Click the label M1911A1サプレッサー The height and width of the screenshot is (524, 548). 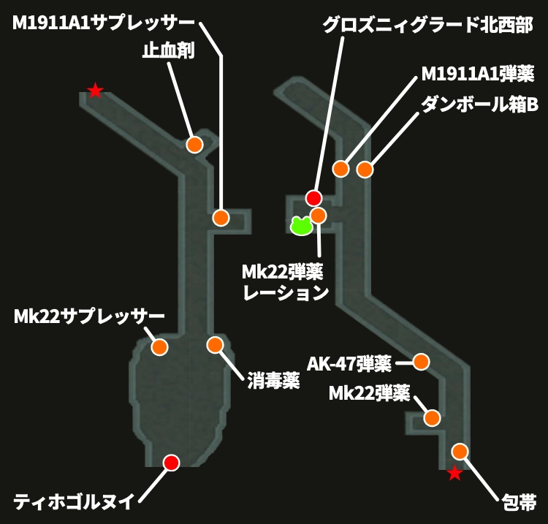[x=104, y=23]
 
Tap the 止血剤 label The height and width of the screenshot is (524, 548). [x=169, y=53]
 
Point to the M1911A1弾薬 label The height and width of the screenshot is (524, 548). [x=479, y=75]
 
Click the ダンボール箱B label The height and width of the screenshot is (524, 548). [x=479, y=105]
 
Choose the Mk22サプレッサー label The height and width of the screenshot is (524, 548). [x=89, y=318]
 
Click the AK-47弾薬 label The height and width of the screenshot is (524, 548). [x=349, y=363]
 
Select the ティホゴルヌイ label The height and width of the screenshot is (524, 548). [x=75, y=502]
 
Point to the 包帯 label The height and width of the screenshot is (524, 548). [x=519, y=502]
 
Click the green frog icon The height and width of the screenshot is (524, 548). [x=301, y=225]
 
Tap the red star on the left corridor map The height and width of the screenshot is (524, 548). [x=95, y=91]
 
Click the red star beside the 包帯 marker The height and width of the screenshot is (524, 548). [x=454, y=474]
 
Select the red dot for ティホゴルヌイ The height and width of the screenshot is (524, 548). [x=171, y=462]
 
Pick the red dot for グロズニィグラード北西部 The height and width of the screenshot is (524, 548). [x=313, y=197]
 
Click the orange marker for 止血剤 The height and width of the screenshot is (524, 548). [x=194, y=144]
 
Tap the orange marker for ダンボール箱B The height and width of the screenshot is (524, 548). [x=365, y=170]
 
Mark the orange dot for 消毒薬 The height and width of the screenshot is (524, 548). [x=214, y=344]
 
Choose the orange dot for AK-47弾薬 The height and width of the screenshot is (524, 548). [x=421, y=362]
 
